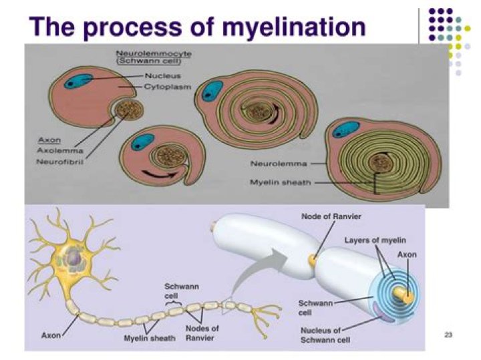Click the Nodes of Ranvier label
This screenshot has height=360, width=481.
(x=202, y=333)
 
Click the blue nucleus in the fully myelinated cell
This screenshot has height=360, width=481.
(x=346, y=130)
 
